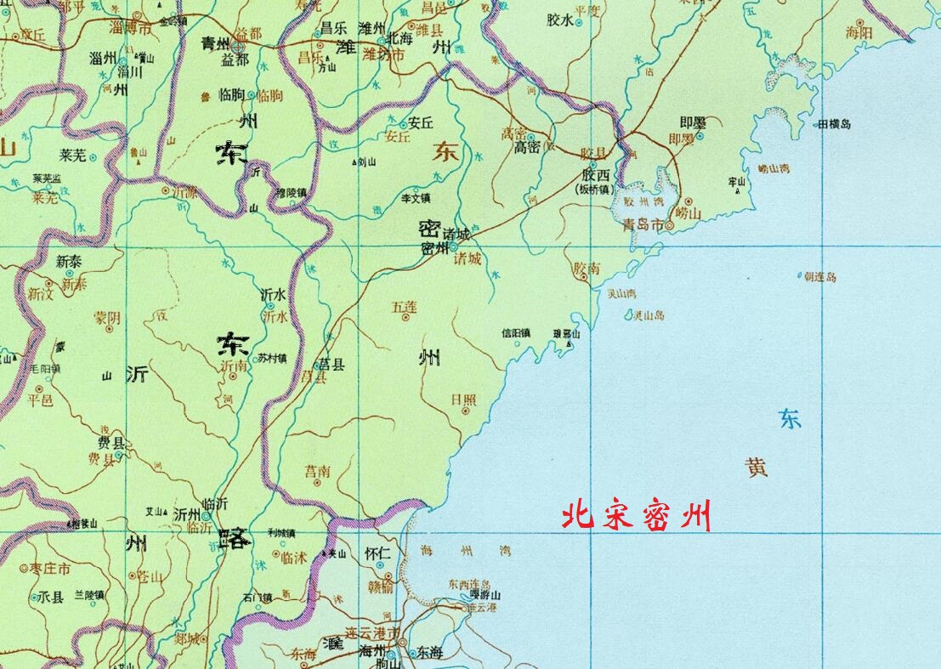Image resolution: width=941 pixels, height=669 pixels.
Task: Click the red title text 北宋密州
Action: coord(636,516)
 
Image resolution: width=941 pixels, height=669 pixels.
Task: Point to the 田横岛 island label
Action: coord(834,124)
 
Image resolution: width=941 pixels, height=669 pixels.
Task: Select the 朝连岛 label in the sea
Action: coord(819,277)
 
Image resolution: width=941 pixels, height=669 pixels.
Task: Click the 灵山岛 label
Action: coord(649,315)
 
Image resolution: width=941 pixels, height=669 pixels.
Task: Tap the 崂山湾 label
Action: coord(773,169)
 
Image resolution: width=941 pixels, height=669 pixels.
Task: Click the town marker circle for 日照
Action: coord(465,410)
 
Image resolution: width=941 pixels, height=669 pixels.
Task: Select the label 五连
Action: coord(405,304)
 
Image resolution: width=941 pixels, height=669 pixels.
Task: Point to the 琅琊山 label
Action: coord(566,334)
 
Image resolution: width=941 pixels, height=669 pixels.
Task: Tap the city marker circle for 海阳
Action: coord(860,22)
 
